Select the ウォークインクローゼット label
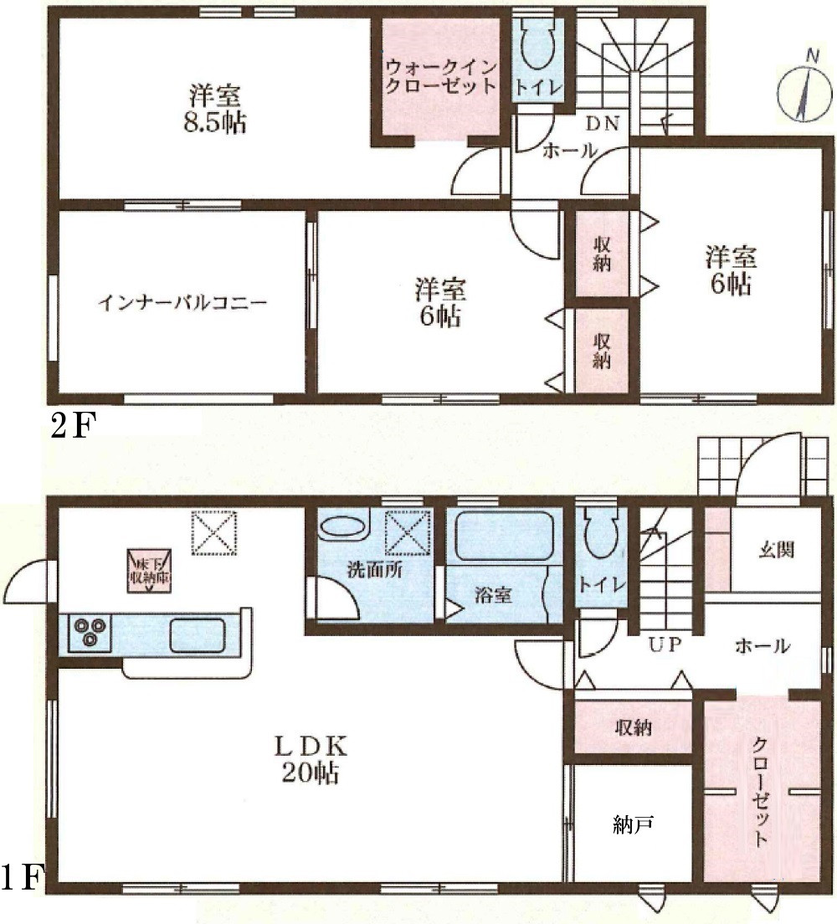[x=441, y=74]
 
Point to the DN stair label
[x=601, y=125]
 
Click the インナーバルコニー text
[x=182, y=302]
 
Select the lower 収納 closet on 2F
[x=601, y=352]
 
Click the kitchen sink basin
[x=198, y=635]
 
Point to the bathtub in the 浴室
[x=504, y=536]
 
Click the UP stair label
[x=666, y=644]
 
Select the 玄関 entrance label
[x=777, y=550]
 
